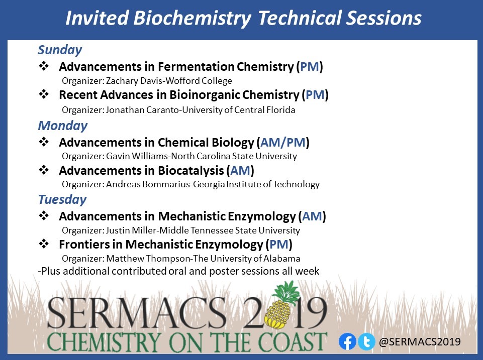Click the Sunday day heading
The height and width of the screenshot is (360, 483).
[60, 50]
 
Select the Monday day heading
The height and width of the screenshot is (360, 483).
[62, 125]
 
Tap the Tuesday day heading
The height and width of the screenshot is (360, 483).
[62, 199]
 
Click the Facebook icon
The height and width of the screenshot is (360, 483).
[347, 342]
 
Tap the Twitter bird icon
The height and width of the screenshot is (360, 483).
[366, 342]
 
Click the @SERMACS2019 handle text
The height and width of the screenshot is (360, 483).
[420, 342]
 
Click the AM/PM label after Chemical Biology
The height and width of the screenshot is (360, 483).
[282, 143]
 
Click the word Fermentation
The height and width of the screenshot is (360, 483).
[196, 67]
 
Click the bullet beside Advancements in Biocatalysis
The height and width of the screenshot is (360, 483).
[44, 170]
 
